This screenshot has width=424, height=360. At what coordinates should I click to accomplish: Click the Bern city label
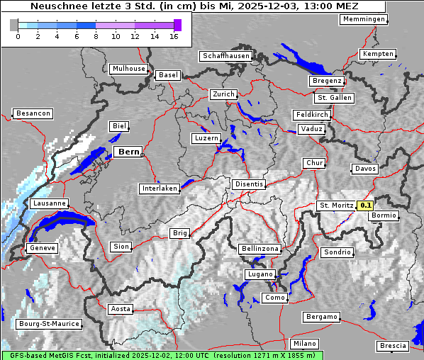[x=128, y=152]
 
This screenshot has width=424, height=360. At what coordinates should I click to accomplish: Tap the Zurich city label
[x=223, y=94]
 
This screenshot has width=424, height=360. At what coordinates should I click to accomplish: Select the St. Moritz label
[x=336, y=206]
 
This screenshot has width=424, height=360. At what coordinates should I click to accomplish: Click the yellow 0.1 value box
[x=365, y=206]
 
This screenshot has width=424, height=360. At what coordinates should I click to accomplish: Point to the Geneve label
[x=41, y=248]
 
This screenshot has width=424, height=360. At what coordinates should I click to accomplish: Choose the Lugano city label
[x=260, y=274]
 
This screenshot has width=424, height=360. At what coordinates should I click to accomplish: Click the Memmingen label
[x=364, y=19]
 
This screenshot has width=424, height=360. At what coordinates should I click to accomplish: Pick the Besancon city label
[x=33, y=113]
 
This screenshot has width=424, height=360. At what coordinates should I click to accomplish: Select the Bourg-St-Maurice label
[x=48, y=324]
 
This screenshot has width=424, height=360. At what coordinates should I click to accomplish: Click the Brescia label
[x=393, y=345]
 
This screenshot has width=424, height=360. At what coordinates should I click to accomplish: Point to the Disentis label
[x=249, y=184]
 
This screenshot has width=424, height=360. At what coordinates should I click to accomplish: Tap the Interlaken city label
[x=160, y=189]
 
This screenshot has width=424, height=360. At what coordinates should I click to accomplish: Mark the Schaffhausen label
[x=225, y=55]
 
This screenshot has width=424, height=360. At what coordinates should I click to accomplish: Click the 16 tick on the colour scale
[x=174, y=36]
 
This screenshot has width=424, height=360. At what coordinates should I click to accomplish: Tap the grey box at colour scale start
[x=14, y=25]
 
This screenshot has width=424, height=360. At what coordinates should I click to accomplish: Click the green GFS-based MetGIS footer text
[x=162, y=355]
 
